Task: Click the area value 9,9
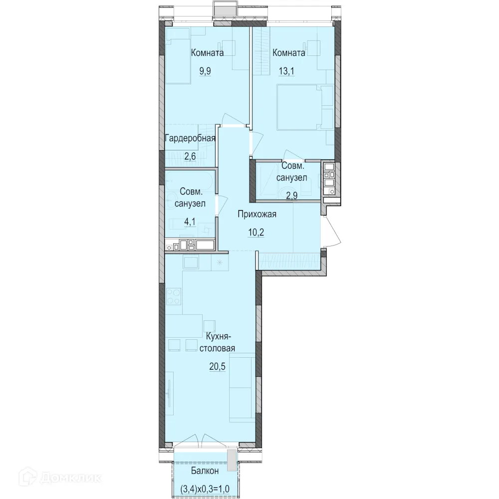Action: coord(205,71)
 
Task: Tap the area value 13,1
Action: coord(286,71)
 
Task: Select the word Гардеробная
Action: coord(190,138)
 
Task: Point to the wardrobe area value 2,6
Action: coord(190,156)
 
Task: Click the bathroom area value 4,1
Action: coord(190,222)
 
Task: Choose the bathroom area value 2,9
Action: coord(291,195)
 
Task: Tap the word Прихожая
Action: coord(257,214)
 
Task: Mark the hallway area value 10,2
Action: coord(256,233)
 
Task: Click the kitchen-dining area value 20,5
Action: coord(218,366)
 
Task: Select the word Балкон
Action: coord(205,471)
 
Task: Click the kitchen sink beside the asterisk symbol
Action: coord(191,263)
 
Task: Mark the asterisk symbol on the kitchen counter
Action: coord(220,262)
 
